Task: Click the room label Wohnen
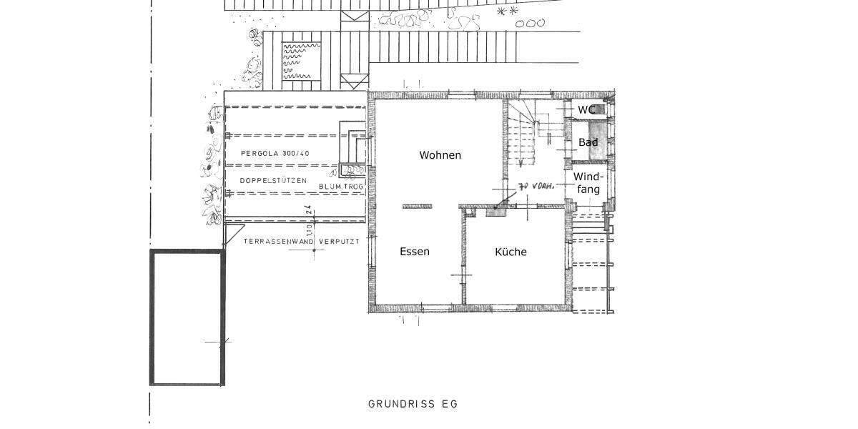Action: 440,155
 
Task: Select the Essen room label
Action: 414,252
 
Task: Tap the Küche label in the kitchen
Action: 511,252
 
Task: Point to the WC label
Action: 586,109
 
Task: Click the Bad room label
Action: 588,143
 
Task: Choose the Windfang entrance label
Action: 589,183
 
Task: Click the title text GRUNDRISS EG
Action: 413,404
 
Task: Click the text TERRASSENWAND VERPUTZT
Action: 300,242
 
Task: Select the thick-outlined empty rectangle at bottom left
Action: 187,317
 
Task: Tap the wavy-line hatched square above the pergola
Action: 304,60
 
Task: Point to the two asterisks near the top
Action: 507,12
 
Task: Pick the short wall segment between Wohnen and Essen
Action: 417,207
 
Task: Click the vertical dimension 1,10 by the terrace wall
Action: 309,230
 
